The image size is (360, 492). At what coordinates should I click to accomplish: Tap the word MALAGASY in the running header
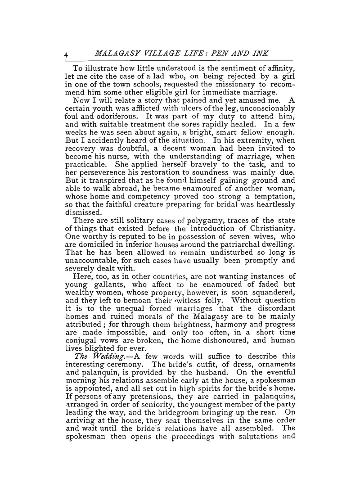118,54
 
